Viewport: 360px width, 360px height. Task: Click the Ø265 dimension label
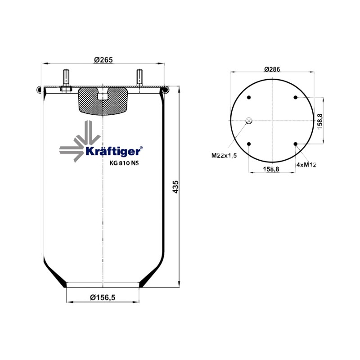click(x=103, y=60)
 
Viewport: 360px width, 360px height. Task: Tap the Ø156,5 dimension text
click(x=103, y=297)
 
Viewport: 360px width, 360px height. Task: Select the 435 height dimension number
click(x=175, y=187)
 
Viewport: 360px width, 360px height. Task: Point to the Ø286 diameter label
click(x=272, y=69)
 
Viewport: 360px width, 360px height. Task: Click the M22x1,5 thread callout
click(x=224, y=155)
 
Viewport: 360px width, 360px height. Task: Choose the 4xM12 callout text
click(x=306, y=165)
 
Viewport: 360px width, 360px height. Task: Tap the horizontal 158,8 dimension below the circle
click(x=271, y=169)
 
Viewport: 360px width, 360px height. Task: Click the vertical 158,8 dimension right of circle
click(x=320, y=121)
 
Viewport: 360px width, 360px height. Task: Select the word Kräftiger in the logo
click(x=113, y=152)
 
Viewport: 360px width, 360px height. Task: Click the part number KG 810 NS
click(x=124, y=163)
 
